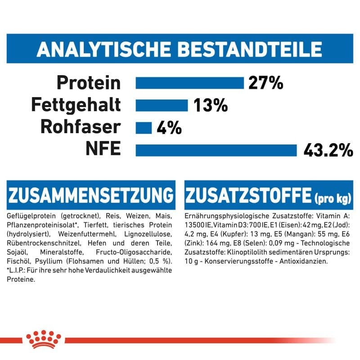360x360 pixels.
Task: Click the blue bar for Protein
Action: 189,83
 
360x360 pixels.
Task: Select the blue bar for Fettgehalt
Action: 162,105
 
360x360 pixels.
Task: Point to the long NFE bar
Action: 216,149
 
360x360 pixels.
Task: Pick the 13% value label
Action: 211,105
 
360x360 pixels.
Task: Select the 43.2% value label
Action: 327,150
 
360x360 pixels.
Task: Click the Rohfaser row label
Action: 81,127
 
